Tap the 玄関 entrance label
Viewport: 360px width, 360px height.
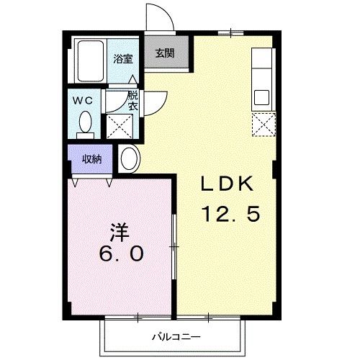point(164,53)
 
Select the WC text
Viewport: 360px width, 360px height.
point(79,99)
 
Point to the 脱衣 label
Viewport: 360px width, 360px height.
point(132,100)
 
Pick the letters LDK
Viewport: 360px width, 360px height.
point(226,185)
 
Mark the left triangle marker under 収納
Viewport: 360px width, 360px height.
point(76,180)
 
